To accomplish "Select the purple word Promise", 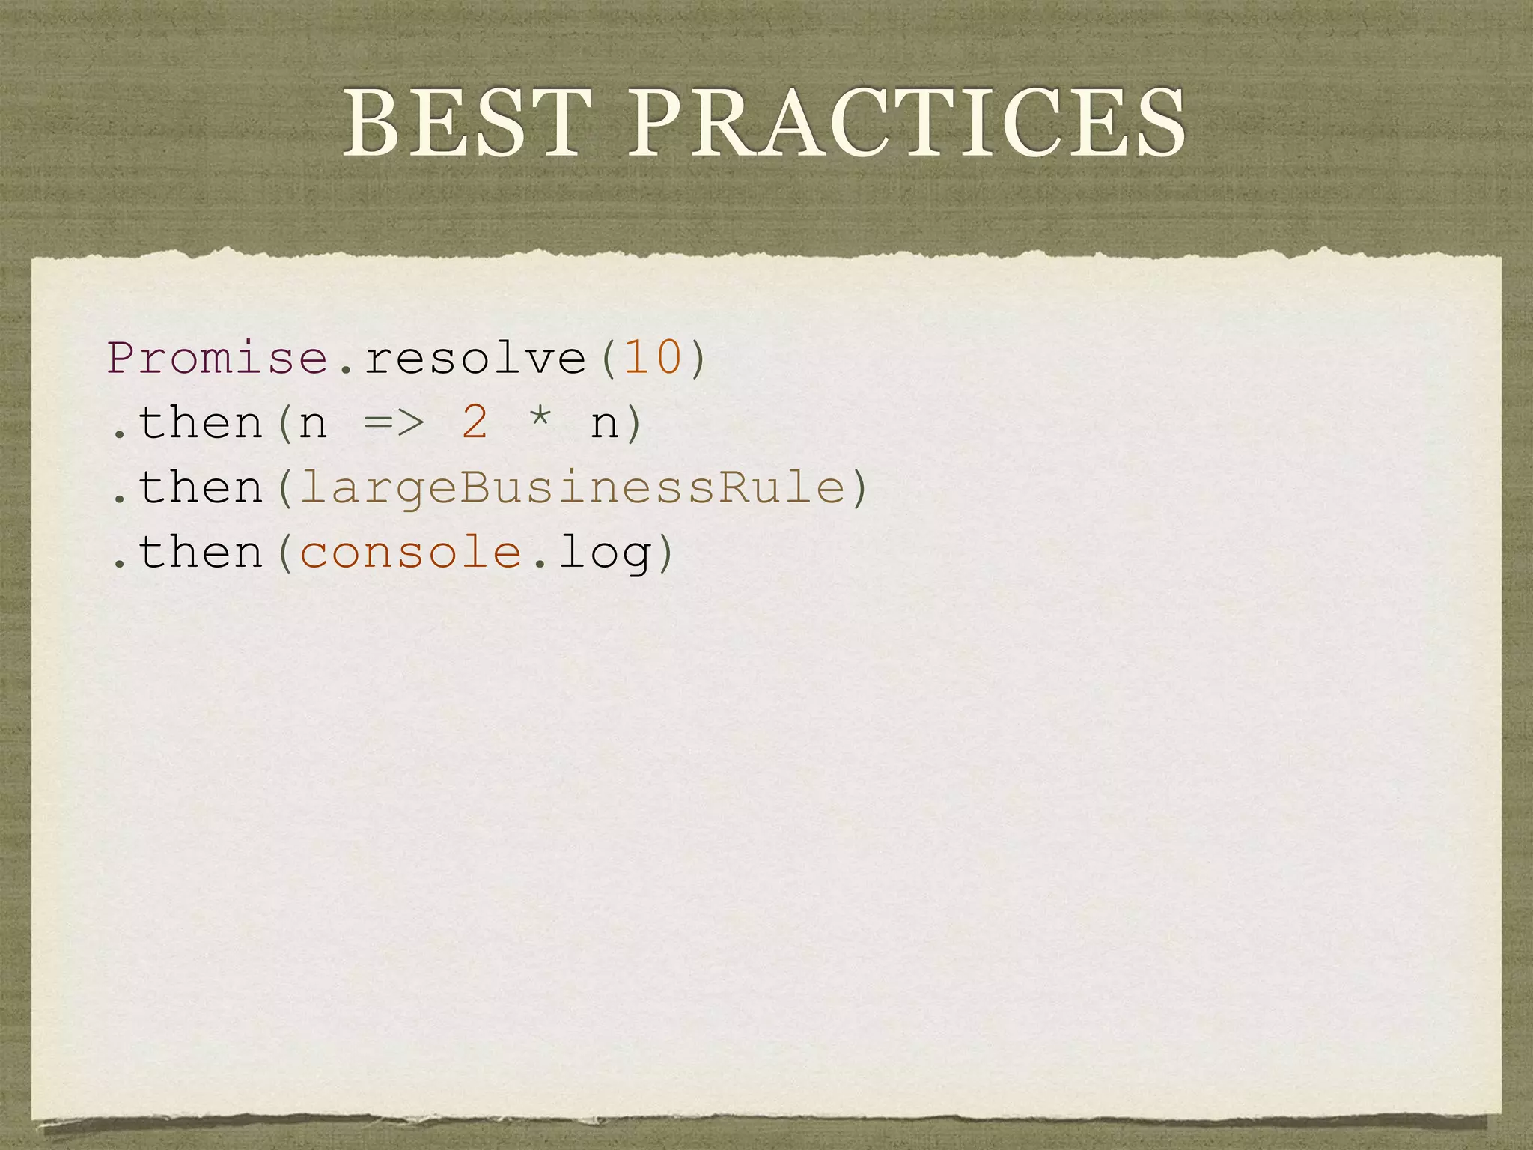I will [x=218, y=358].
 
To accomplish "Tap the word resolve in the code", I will [x=475, y=358].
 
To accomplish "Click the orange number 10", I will [x=653, y=358].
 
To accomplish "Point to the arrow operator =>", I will [x=394, y=423].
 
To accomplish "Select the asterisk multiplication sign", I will [x=540, y=419].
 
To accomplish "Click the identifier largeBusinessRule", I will [x=572, y=489].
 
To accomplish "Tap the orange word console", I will [x=411, y=553].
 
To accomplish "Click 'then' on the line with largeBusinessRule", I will [x=201, y=487].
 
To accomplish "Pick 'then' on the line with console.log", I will [x=201, y=553].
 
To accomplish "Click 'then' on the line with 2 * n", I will [x=201, y=422].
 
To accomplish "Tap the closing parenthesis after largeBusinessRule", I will [x=859, y=488].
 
